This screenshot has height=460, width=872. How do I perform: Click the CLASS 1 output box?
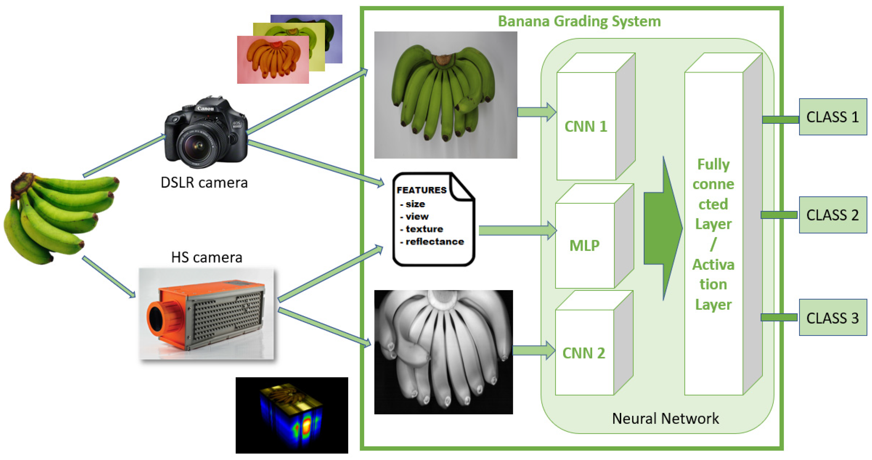pyautogui.click(x=832, y=117)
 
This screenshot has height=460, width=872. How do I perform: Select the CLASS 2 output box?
pyautogui.click(x=832, y=215)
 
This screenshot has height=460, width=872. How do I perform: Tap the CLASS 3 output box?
pyautogui.click(x=832, y=318)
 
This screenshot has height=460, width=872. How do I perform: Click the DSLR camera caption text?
pyautogui.click(x=204, y=183)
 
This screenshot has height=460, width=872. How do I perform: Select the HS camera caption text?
pyautogui.click(x=206, y=257)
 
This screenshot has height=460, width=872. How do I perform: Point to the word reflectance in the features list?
pyautogui.click(x=434, y=242)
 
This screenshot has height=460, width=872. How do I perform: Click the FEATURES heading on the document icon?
pyautogui.click(x=421, y=190)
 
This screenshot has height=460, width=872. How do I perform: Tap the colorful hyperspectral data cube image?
pyautogui.click(x=292, y=415)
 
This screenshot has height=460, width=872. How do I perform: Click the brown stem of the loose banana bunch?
pyautogui.click(x=20, y=185)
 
